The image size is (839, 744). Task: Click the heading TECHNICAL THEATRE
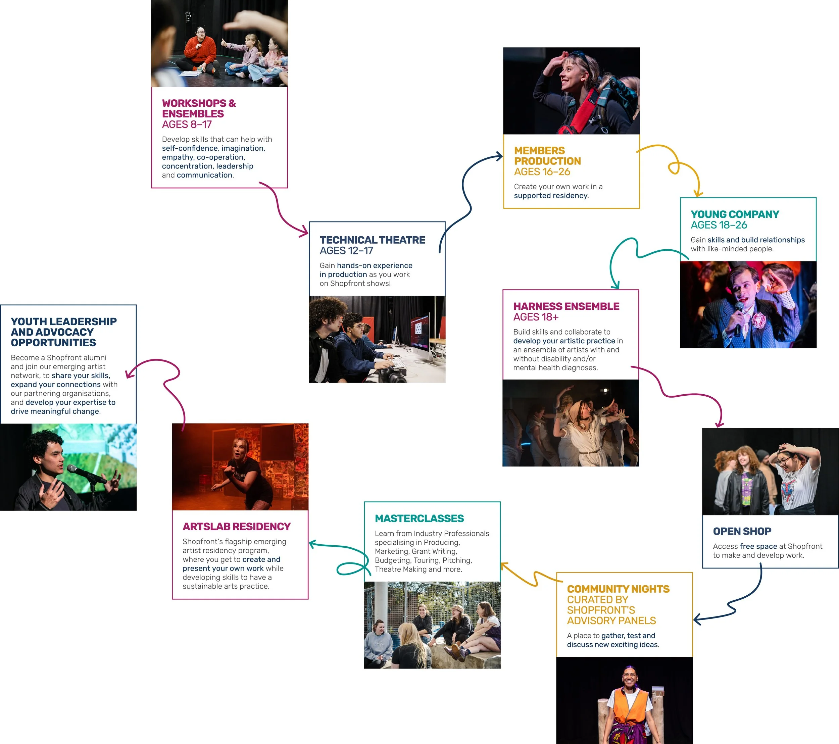[x=372, y=240]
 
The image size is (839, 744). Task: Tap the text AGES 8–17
[x=187, y=125]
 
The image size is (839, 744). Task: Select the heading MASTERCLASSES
[x=419, y=519]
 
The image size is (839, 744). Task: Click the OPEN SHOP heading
[x=742, y=532]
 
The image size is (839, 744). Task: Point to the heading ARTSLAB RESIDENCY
[x=237, y=527]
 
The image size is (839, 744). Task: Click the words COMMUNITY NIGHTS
[x=618, y=589]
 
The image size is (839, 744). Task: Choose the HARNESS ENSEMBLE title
[x=566, y=306]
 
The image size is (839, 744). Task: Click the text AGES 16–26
[x=542, y=171]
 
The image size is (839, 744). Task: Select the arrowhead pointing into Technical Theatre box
[x=304, y=232]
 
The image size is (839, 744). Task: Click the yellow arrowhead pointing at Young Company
[x=697, y=193]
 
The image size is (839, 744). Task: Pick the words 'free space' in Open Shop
[x=758, y=546]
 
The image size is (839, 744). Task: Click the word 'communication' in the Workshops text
[x=204, y=175]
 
